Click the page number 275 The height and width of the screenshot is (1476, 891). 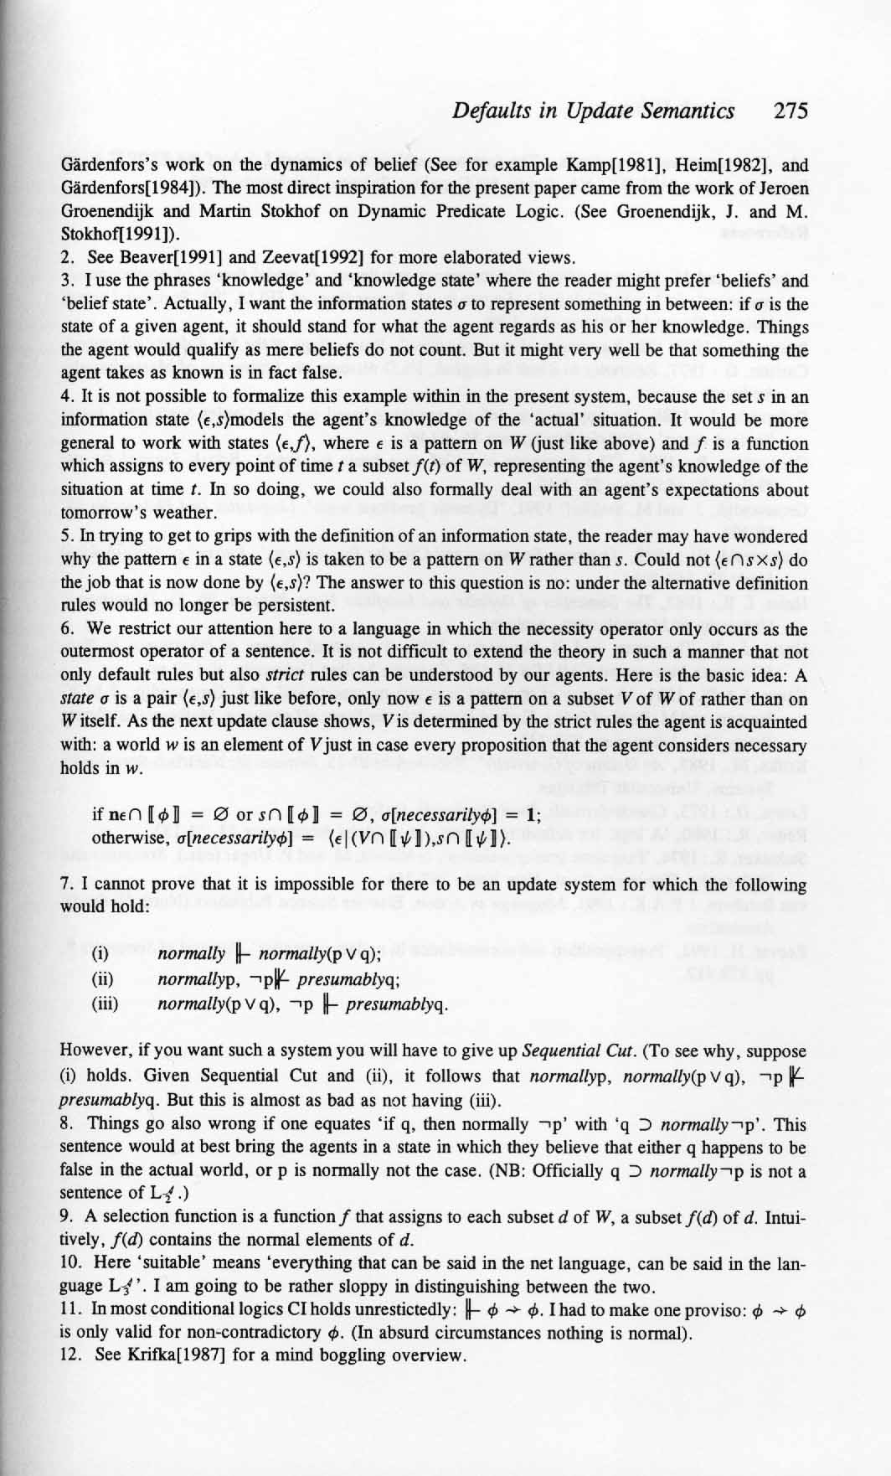click(x=790, y=112)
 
